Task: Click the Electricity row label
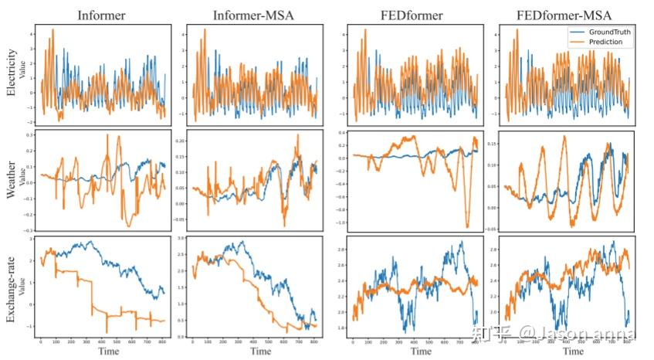(x=11, y=73)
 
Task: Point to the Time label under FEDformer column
(x=414, y=352)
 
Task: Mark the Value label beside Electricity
(x=22, y=73)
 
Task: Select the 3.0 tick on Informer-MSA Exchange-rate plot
(x=183, y=240)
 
